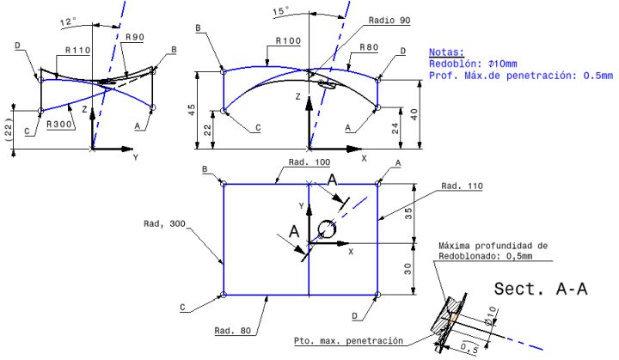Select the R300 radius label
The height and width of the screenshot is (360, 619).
coord(59,124)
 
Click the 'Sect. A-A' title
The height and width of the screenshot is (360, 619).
coord(541,290)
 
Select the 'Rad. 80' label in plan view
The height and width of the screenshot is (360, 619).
coord(232,329)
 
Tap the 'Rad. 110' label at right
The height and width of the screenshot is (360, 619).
coord(461,186)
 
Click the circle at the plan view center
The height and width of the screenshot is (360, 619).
coord(326,229)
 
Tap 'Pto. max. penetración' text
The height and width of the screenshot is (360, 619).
coord(347,341)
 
